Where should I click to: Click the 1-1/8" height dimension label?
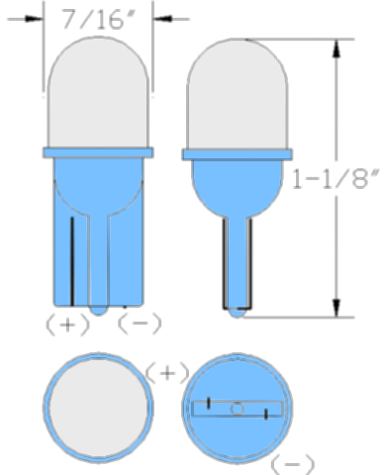(336, 179)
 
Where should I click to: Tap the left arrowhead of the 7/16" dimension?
(34, 19)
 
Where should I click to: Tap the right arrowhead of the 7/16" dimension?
(162, 19)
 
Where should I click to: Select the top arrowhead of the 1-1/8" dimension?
(337, 49)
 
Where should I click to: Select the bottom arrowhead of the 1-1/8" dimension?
(337, 307)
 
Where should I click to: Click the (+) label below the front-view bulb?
(67, 325)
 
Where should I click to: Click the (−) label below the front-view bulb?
(140, 324)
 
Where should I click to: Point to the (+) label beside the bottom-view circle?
(167, 373)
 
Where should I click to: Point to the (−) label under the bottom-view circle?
(292, 464)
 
